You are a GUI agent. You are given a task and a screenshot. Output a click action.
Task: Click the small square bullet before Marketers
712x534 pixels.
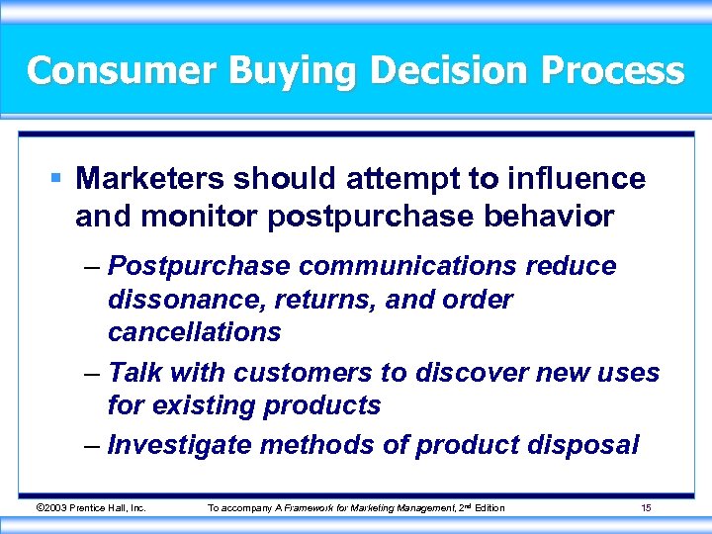[57, 179]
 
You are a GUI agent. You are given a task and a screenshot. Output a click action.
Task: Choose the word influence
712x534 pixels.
[576, 179]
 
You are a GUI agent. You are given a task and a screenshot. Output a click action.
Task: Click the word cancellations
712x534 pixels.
[194, 332]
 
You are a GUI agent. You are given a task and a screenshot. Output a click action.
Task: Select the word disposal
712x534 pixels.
[584, 445]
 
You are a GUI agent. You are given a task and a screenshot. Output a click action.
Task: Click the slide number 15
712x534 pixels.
[645, 508]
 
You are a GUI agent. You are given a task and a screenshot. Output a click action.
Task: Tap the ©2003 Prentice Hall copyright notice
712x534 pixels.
[91, 508]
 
